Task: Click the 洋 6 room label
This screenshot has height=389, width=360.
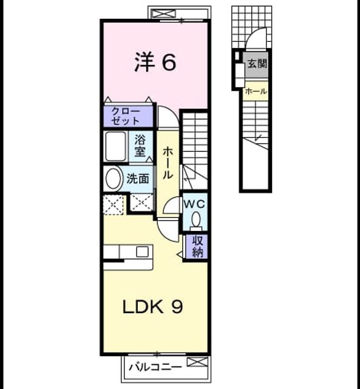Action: click(x=155, y=62)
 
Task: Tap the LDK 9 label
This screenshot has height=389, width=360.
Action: click(x=153, y=306)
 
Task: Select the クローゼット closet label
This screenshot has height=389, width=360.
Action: click(x=125, y=116)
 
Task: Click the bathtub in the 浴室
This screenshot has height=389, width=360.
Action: click(x=116, y=146)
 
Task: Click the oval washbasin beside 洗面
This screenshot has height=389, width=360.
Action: click(x=114, y=179)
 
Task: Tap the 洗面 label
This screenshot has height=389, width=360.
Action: click(x=138, y=179)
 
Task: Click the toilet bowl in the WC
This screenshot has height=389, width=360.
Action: click(x=196, y=219)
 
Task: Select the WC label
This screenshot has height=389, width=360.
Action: click(x=194, y=204)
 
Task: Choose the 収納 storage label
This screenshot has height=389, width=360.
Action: click(x=197, y=246)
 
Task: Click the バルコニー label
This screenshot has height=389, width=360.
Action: click(x=155, y=367)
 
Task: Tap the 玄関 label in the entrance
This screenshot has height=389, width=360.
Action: click(x=257, y=64)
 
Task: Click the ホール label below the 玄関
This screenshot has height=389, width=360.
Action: click(x=256, y=91)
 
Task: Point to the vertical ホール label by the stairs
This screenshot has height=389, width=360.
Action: click(x=168, y=162)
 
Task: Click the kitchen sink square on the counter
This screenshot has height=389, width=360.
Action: click(x=142, y=252)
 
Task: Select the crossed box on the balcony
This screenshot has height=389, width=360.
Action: click(x=197, y=362)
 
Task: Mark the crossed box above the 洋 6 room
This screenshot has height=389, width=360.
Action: click(x=163, y=13)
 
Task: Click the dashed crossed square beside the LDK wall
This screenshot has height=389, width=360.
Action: click(x=114, y=204)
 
